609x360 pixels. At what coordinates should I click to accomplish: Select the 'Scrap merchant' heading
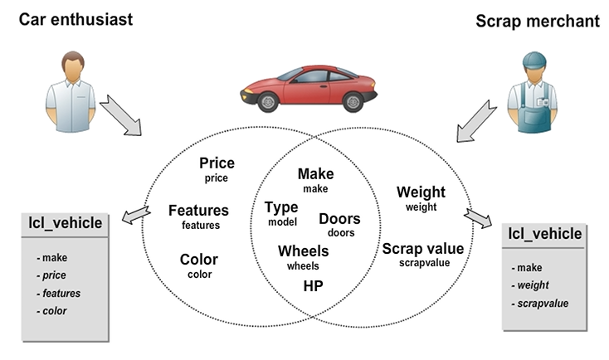pos(537,21)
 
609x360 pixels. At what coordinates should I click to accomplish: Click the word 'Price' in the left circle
pos(217,163)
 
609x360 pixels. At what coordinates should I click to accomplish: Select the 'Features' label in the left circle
pos(198,211)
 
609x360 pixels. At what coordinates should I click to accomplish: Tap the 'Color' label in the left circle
pos(199,260)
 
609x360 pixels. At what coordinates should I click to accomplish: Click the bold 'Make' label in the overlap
pos(315,173)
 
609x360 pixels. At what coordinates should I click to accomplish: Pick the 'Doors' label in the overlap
pos(339,219)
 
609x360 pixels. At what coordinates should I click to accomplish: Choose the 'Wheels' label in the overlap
pos(303,251)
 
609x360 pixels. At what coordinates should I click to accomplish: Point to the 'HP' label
pos(313,285)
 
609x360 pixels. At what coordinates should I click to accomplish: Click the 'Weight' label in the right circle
pos(421,192)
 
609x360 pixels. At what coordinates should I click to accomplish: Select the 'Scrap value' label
pos(422,248)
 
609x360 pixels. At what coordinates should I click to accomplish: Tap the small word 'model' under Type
pos(282,222)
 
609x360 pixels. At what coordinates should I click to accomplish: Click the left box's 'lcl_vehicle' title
pos(66,222)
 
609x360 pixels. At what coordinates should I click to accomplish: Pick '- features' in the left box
pos(58,293)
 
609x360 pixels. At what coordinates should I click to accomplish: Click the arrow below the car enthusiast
pos(119,116)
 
